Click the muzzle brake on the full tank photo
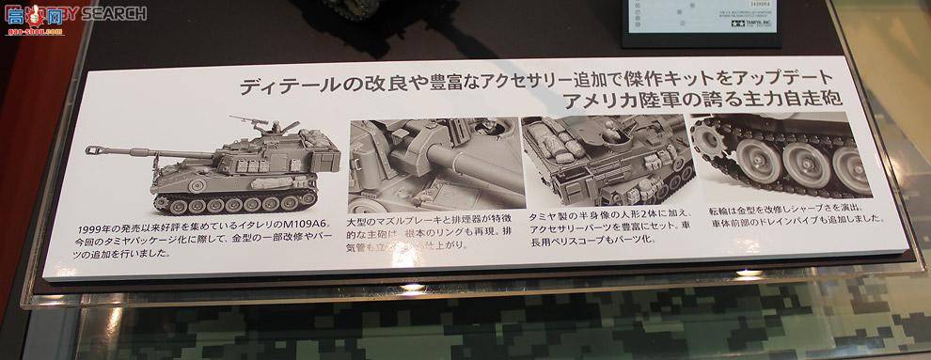click(91, 150)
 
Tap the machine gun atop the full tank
click(242, 121)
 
